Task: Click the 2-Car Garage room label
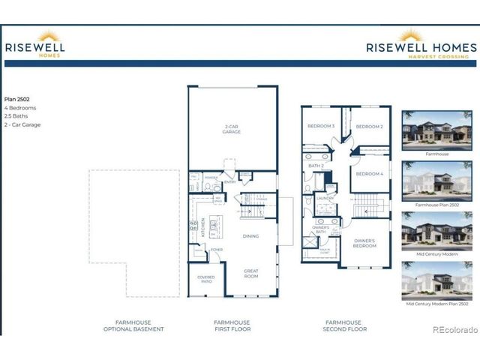coord(231,129)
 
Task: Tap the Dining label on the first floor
coord(250,236)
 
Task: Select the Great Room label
coord(250,274)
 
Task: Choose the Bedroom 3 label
coord(320,126)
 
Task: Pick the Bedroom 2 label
coord(369,127)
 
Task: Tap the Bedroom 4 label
coord(369,174)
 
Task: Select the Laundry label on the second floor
coord(325,198)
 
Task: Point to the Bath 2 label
coord(316,166)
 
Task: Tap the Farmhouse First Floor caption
coord(232,325)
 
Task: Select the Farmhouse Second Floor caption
coord(345,325)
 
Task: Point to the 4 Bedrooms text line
coord(20,107)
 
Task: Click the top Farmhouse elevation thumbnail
coord(436,129)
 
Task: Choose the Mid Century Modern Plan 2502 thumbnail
coord(436,280)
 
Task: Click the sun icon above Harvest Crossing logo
coord(411,34)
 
